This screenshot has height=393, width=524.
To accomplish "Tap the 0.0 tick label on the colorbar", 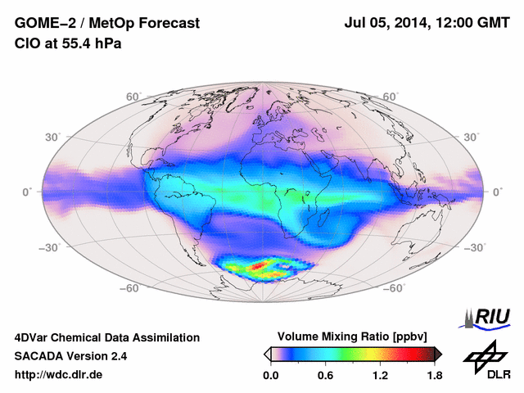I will click(270, 376).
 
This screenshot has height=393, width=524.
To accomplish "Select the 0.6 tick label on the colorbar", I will click(325, 376).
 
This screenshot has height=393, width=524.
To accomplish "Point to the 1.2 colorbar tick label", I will click(380, 376).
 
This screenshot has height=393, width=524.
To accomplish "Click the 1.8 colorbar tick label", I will click(434, 376).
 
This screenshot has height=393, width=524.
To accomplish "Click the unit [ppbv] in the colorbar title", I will click(406, 337).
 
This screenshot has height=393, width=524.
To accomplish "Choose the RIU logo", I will click(489, 317).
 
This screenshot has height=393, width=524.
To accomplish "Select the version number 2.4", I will click(116, 356).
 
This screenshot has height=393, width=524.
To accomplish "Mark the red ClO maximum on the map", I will click(264, 266).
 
